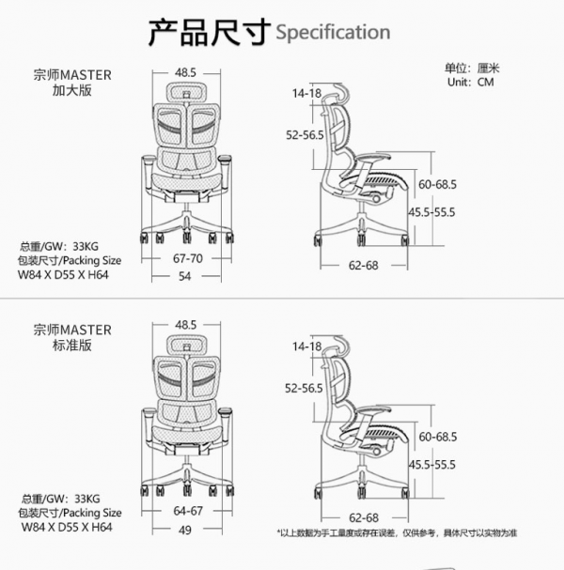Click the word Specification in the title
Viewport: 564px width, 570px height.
coord(333,32)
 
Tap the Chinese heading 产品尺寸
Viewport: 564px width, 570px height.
coord(209,30)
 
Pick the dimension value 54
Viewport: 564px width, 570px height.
coord(185,276)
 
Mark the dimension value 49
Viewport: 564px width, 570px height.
coord(185,531)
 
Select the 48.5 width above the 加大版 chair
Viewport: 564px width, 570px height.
coord(185,71)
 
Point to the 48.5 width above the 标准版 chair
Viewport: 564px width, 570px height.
coord(185,324)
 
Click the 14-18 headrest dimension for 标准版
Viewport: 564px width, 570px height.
coord(306,347)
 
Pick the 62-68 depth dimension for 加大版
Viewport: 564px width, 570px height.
coord(363,266)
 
